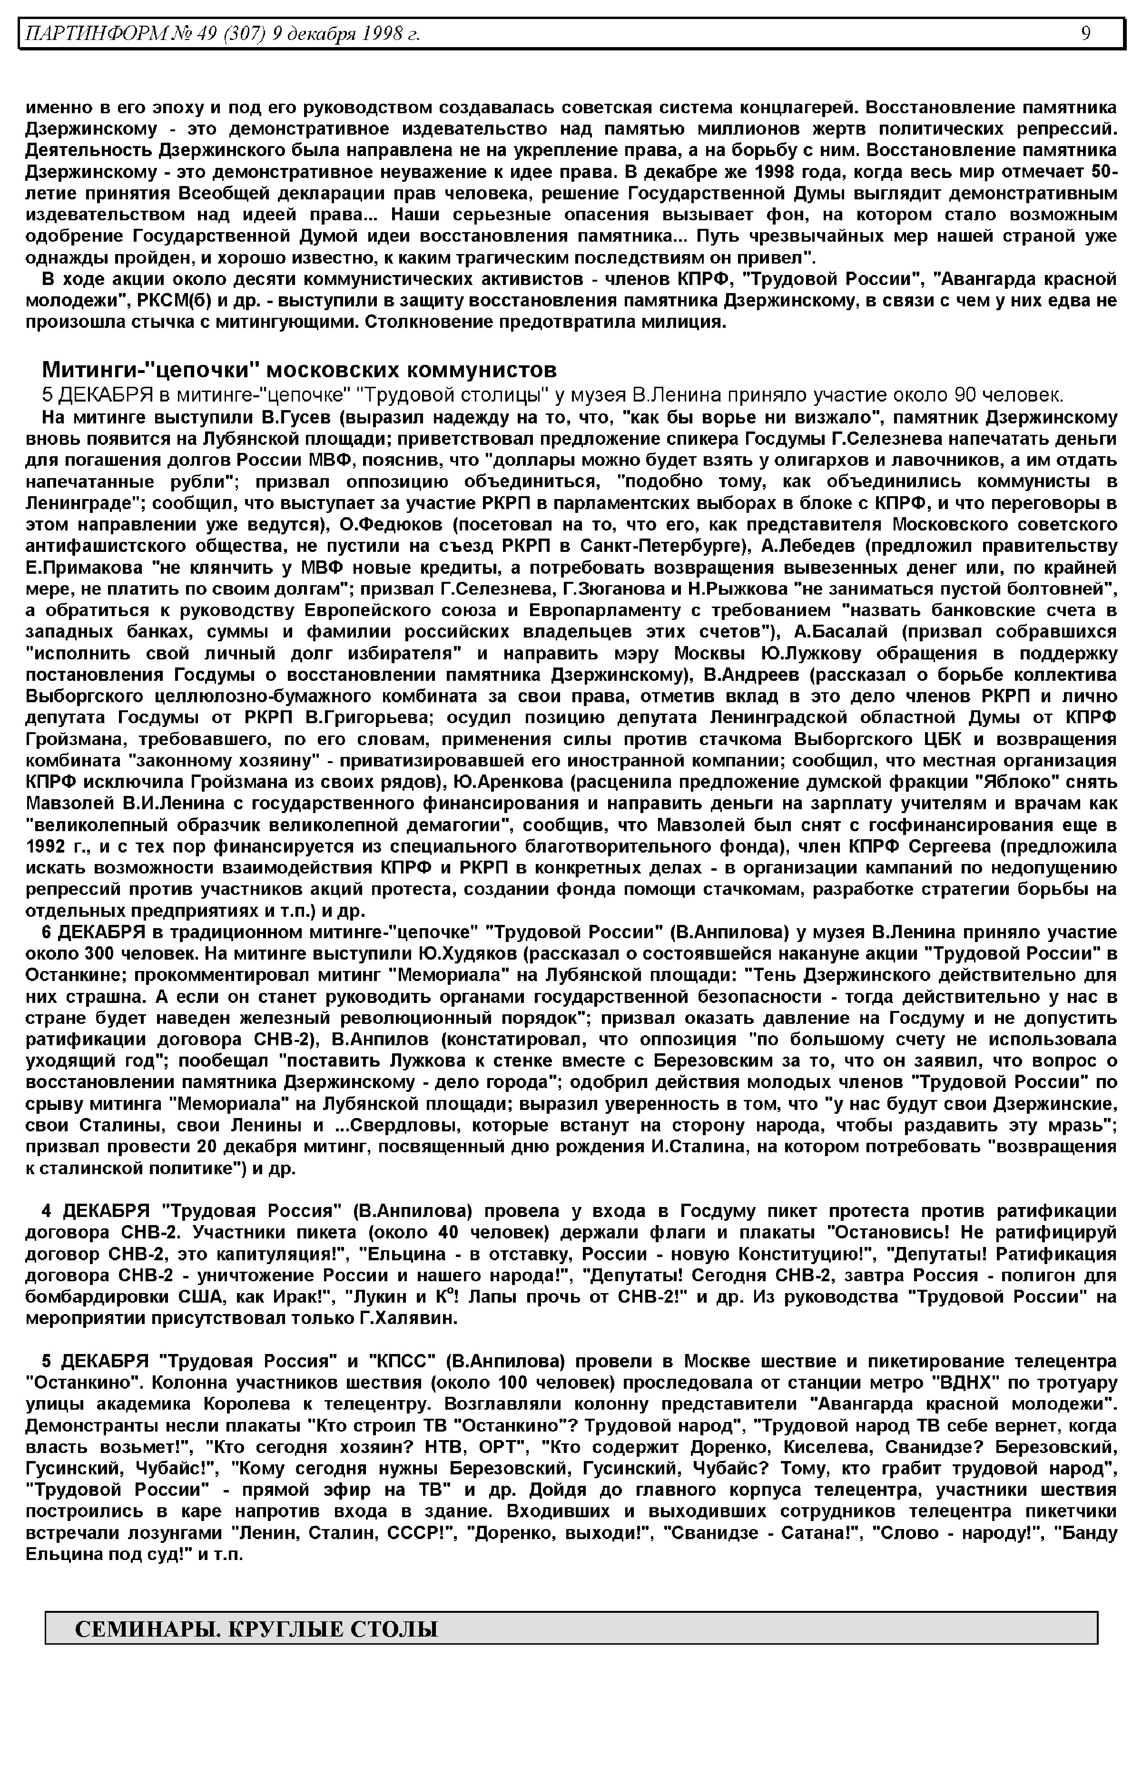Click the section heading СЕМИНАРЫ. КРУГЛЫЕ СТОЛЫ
click(256, 1629)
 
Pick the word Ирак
click(304, 1297)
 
